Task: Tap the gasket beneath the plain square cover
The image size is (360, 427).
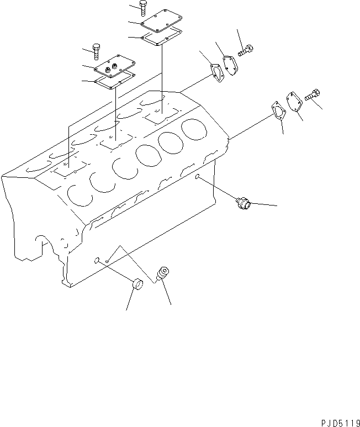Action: click(x=162, y=37)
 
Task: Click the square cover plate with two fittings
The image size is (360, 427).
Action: click(x=114, y=67)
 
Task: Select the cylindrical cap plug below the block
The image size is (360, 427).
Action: click(x=137, y=286)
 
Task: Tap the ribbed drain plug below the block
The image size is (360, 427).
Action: click(x=164, y=273)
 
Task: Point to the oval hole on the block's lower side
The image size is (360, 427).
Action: click(x=97, y=259)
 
